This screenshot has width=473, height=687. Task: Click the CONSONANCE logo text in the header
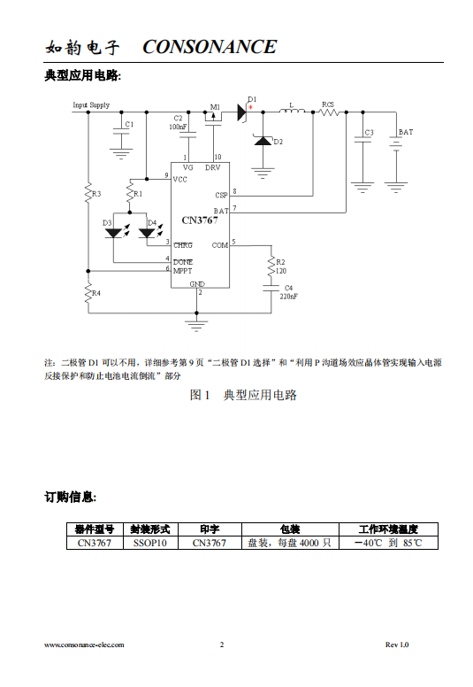pos(210,47)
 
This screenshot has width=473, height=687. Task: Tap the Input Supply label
pos(91,105)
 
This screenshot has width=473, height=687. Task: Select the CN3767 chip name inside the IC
pos(200,220)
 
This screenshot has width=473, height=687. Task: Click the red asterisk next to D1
pos(250,106)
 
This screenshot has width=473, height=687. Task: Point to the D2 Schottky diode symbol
pos(263,140)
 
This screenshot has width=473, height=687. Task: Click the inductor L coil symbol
pos(292,112)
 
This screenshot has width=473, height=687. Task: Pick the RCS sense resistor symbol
pos(329,112)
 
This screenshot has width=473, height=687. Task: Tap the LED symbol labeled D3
pos(114,233)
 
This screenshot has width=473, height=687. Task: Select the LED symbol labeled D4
pos(147,233)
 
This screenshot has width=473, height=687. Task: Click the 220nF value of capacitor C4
pos(289,297)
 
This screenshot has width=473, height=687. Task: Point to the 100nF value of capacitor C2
pos(178,127)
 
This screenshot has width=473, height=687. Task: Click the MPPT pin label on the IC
pos(182,271)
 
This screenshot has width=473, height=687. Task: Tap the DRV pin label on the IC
pos(213,168)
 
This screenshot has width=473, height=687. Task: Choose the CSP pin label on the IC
pos(221,196)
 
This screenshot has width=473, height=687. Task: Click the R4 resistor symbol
pos(88,293)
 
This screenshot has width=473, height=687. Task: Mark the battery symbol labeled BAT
pos(396,143)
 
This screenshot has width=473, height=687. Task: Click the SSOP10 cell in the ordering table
pos(150,543)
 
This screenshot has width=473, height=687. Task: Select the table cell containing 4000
pos(291,543)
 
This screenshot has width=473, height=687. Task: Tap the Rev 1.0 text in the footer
pos(397,645)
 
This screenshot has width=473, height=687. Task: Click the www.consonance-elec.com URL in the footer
pos(84,645)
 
